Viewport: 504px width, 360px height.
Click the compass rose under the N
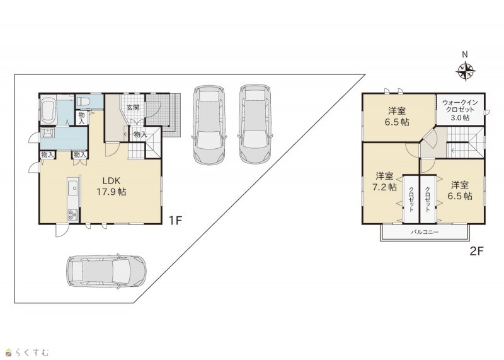466,71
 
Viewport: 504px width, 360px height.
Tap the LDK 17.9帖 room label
112,186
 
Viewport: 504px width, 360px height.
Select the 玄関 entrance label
133,107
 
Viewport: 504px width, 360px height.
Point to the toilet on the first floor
83,102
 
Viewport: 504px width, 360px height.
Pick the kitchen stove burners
72,214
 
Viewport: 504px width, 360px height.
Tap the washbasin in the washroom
47,133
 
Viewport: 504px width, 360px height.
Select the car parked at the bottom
106,271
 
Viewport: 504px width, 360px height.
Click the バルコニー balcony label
425,231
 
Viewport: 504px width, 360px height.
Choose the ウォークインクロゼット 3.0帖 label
460,110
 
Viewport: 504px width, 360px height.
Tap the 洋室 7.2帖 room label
384,182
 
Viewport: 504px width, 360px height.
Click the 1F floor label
176,221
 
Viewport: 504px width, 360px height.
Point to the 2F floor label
477,251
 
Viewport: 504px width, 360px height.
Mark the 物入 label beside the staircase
140,134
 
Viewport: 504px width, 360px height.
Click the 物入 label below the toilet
82,118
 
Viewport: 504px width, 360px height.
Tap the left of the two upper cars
210,125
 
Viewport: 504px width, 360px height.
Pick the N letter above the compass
465,55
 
